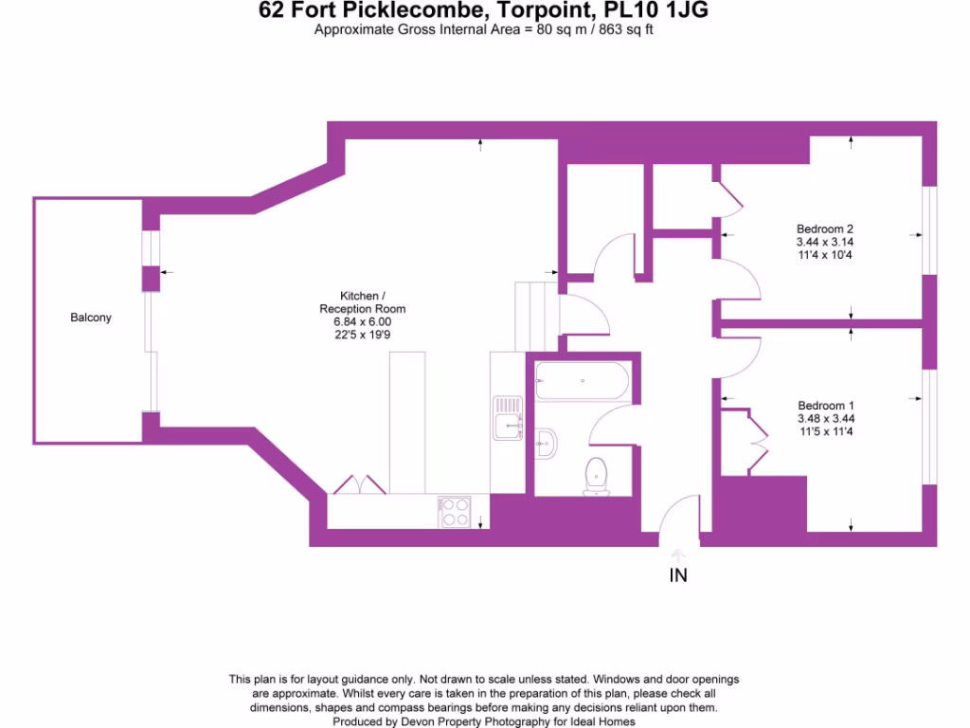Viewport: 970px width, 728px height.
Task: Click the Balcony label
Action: click(x=91, y=318)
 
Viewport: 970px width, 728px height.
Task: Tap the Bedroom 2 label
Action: click(x=824, y=228)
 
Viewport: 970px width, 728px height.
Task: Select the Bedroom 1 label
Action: click(x=825, y=405)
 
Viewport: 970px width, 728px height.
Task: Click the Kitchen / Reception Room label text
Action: click(x=362, y=302)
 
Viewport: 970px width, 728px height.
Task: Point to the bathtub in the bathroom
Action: click(x=581, y=383)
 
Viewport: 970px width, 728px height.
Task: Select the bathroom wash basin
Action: click(x=547, y=441)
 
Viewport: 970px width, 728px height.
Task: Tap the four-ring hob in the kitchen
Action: click(x=455, y=512)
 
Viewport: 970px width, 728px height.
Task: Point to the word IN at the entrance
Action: click(x=678, y=574)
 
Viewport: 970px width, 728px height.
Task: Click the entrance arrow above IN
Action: click(x=678, y=555)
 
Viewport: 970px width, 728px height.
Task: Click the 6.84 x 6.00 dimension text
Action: click(x=362, y=322)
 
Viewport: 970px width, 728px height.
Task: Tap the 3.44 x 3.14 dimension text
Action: click(x=824, y=242)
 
